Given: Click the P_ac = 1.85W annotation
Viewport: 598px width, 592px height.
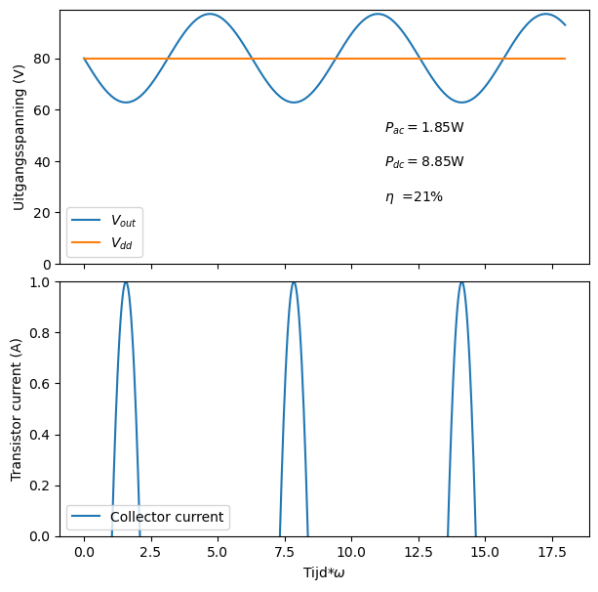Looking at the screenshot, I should click(423, 128).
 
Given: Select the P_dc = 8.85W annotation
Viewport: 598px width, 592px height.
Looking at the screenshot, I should click(423, 162).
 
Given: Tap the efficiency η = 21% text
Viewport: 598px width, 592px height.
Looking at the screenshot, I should click(414, 197).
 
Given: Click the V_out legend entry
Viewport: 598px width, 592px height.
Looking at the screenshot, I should click(123, 222).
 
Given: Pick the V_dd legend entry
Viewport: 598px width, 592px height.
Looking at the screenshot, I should click(123, 242).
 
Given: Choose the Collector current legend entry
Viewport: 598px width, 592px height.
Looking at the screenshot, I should click(167, 517).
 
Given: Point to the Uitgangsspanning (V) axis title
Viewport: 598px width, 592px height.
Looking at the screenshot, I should click(19, 137).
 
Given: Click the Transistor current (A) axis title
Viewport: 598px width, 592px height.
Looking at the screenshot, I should click(17, 409).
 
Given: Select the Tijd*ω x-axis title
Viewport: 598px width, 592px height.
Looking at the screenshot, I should click(324, 572).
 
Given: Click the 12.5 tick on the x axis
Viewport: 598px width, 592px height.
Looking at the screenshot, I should click(419, 551).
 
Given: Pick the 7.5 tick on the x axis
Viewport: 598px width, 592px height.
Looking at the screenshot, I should click(285, 551).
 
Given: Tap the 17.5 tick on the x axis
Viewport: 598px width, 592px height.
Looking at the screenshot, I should click(552, 551).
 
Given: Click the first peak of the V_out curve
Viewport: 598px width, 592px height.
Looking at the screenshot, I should click(210, 14).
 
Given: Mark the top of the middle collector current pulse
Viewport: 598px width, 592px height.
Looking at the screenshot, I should click(294, 282).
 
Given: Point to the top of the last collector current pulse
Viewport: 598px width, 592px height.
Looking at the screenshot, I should click(461, 282).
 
